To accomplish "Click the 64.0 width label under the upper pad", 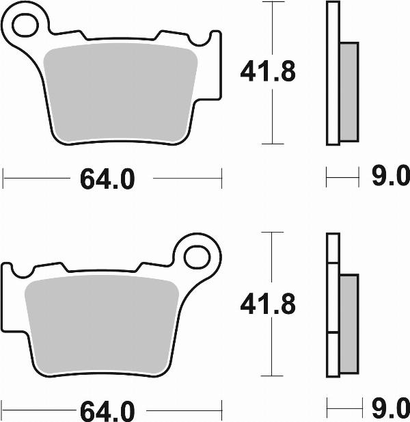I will [x=107, y=180].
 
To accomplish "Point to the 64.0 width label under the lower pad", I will [x=107, y=412].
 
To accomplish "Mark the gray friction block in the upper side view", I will [x=348, y=92].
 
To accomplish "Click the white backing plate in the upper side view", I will [x=332, y=73].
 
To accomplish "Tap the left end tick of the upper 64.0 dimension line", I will [x=3, y=180].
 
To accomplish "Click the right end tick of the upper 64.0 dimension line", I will [x=221, y=180].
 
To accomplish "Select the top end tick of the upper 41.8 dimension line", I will [x=273, y=2].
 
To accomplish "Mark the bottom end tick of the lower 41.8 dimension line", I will [x=273, y=375].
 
